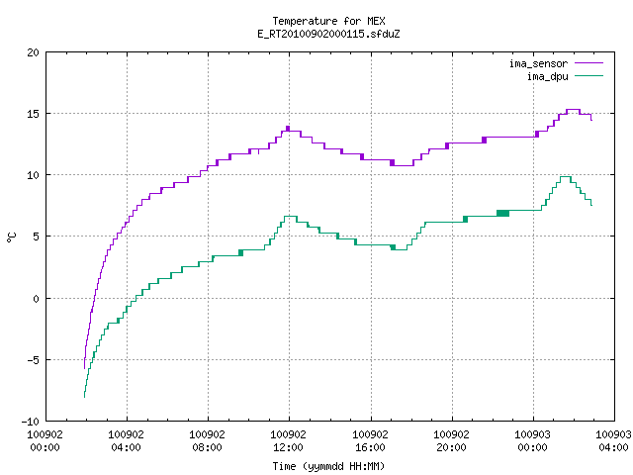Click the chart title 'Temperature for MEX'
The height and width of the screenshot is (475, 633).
[328, 21]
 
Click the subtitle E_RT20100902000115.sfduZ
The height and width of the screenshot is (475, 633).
[328, 34]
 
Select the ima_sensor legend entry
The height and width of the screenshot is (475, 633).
[556, 63]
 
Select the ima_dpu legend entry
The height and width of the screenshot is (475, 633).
[565, 76]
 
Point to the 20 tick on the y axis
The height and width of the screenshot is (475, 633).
[33, 52]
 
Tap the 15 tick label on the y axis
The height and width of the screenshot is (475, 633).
[33, 114]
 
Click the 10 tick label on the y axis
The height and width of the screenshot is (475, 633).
[33, 175]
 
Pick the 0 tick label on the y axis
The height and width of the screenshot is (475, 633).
[36, 299]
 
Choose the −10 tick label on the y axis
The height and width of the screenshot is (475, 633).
[31, 422]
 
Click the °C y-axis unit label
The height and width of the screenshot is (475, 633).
[12, 237]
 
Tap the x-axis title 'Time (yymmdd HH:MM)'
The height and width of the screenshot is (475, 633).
[328, 466]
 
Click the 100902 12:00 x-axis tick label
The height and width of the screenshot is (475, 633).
[288, 440]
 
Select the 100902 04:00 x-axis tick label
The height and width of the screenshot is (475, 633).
[126, 440]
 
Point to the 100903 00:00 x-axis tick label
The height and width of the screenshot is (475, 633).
[532, 440]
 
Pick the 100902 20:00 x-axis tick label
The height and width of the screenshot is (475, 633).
[451, 440]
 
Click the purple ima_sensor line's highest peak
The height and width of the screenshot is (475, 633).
[573, 110]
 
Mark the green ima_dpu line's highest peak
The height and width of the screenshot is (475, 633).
[565, 176]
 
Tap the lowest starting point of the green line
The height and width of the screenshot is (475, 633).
[84, 398]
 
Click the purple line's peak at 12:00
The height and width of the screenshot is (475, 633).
[288, 127]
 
